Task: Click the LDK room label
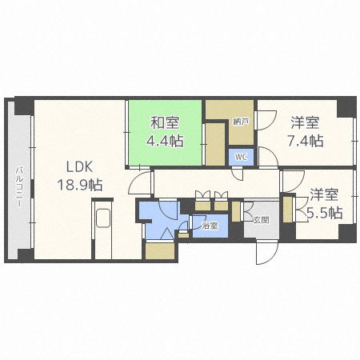click(79, 167)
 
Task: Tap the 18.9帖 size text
click(80, 185)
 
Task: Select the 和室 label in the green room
click(165, 122)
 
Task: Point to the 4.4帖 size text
click(165, 141)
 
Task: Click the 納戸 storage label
click(241, 122)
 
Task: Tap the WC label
click(241, 157)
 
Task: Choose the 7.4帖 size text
click(306, 141)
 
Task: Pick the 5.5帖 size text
click(325, 213)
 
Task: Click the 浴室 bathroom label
click(210, 226)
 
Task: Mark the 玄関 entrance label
click(261, 220)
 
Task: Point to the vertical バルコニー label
click(18, 186)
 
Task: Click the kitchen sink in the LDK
click(103, 218)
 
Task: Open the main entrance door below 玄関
click(266, 252)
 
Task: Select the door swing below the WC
click(238, 174)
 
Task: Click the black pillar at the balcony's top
click(24, 106)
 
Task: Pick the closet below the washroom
click(160, 250)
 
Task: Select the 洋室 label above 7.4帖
click(305, 122)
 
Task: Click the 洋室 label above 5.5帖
click(324, 195)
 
